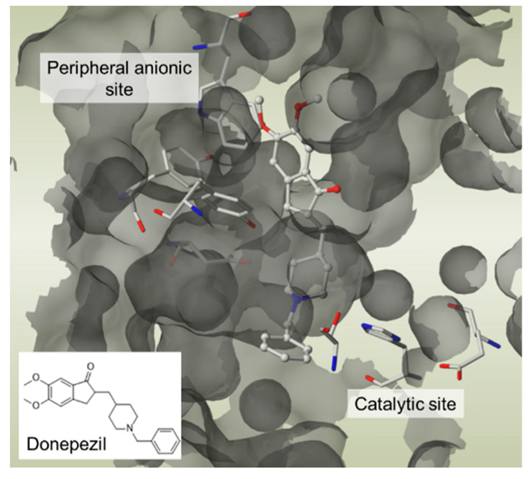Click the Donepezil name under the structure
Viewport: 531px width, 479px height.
(66, 443)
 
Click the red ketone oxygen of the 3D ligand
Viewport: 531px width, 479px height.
(336, 189)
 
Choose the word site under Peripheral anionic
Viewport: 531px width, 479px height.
(119, 89)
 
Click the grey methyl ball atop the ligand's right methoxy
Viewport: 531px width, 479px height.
(317, 98)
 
